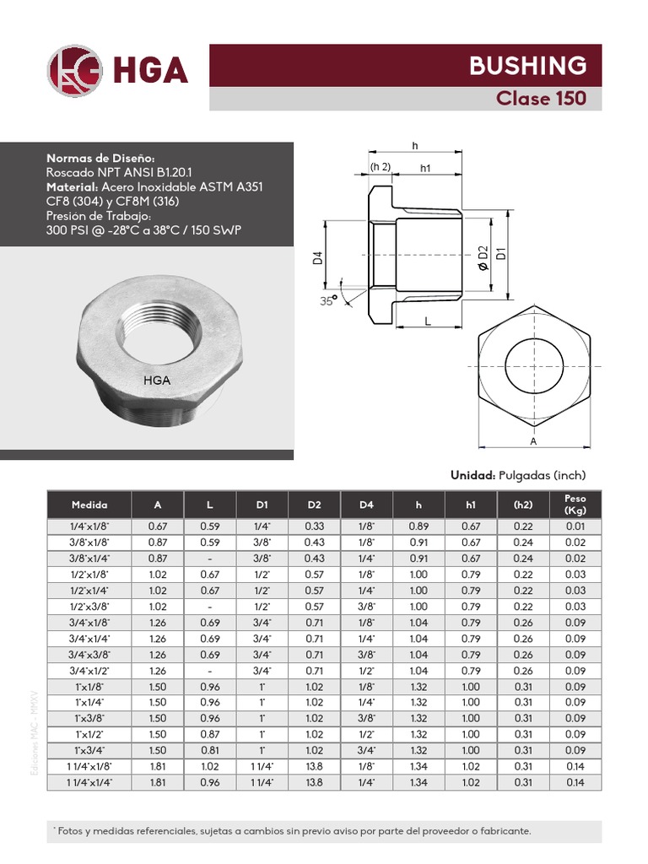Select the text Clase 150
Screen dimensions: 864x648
(x=541, y=98)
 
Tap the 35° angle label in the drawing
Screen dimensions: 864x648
(x=327, y=300)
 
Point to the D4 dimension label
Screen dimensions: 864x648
(x=319, y=257)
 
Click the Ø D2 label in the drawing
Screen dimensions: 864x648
(x=483, y=256)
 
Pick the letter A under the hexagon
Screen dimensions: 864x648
(x=533, y=441)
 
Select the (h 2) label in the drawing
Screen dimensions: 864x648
(x=381, y=166)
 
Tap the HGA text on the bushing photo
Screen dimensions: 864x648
(x=157, y=380)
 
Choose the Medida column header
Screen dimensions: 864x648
(x=89, y=505)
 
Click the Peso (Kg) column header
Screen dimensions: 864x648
(x=575, y=505)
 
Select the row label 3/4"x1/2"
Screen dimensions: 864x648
(x=89, y=671)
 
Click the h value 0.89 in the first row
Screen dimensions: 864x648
(x=418, y=526)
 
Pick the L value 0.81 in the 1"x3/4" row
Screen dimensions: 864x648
(x=209, y=751)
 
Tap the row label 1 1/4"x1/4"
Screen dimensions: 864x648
(x=89, y=783)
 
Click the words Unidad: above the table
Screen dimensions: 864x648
(x=472, y=475)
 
